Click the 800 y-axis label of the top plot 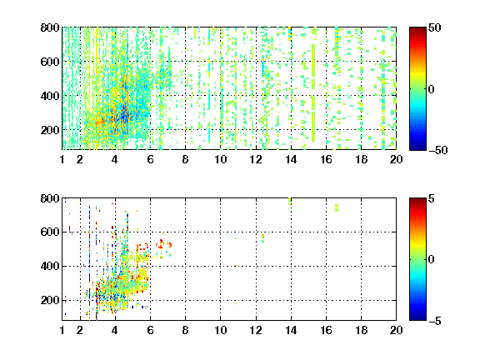click(50, 27)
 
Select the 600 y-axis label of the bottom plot click(50, 232)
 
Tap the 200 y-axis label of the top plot click(50, 130)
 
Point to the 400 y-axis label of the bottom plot click(50, 266)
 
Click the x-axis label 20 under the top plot click(396, 159)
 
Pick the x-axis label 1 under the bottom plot click(62, 330)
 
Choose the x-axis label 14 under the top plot click(291, 159)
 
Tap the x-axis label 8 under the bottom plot click(185, 330)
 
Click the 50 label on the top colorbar click(434, 27)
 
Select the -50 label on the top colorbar click(437, 150)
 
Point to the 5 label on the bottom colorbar click(432, 198)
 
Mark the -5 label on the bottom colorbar click(435, 321)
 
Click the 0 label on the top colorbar click(432, 89)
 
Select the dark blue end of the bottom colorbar click(417, 318)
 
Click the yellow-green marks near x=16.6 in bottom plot click(337, 207)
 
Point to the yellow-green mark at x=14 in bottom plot click(290, 203)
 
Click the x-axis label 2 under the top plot click(80, 159)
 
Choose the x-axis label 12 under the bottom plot click(256, 330)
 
